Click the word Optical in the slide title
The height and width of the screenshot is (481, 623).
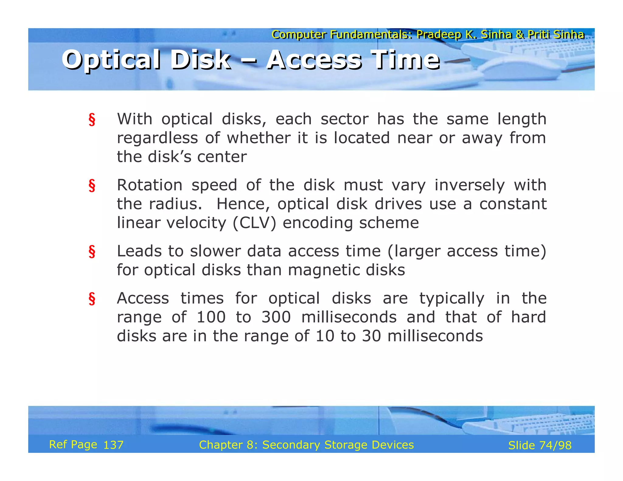tap(111, 60)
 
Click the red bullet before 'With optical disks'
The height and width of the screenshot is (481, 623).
tap(92, 119)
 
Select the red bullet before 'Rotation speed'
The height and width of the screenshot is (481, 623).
tap(92, 185)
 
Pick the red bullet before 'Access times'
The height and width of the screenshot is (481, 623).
tap(92, 299)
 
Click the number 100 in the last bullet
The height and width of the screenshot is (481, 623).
tap(211, 317)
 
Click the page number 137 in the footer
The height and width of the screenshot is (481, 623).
tap(113, 445)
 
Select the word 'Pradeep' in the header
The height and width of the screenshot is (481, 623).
tap(439, 35)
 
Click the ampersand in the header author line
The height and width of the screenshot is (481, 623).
tap(520, 35)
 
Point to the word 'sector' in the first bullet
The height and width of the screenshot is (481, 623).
tap(344, 119)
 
